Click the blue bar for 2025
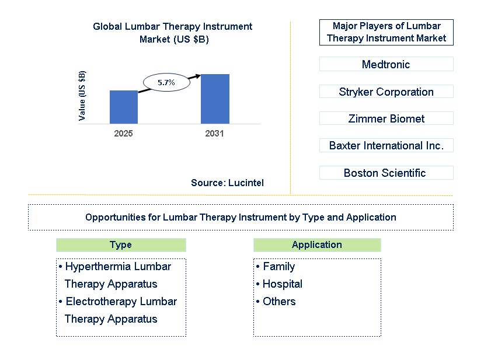[124, 107]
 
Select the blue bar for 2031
[215, 99]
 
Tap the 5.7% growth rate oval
[166, 82]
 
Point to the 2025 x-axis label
[124, 134]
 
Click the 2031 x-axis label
[214, 134]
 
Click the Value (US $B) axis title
[82, 96]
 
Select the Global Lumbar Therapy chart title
[173, 33]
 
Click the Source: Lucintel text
[227, 183]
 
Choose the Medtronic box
[386, 64]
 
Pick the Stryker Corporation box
[386, 92]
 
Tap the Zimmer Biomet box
[386, 118]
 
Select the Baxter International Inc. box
[386, 145]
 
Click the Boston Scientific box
[386, 173]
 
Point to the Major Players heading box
[386, 32]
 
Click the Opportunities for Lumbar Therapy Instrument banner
[241, 217]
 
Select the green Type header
[121, 245]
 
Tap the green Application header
[317, 245]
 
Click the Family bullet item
[278, 267]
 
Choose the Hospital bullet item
[282, 284]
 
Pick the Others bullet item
[278, 302]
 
